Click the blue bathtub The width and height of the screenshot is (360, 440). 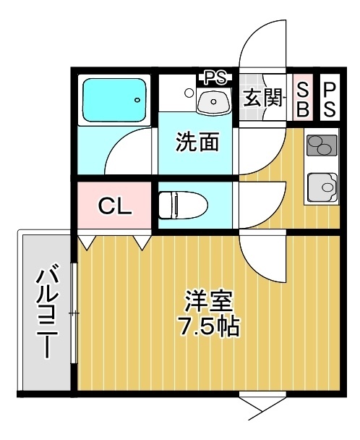pyautogui.click(x=114, y=100)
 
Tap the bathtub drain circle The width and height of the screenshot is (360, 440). pyautogui.click(x=137, y=100)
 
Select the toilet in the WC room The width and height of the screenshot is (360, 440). pyautogui.click(x=183, y=205)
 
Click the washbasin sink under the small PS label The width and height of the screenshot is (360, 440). pyautogui.click(x=214, y=101)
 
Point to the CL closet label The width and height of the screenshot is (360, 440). pyautogui.click(x=115, y=206)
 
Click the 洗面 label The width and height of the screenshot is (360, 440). pyautogui.click(x=197, y=142)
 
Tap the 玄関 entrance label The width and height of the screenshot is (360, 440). pyautogui.click(x=262, y=98)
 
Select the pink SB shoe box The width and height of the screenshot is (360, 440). pyautogui.click(x=302, y=98)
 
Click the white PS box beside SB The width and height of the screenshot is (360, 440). pyautogui.click(x=330, y=98)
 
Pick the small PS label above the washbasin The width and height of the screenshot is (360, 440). pyautogui.click(x=215, y=77)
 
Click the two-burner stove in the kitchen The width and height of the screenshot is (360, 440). pyautogui.click(x=322, y=145)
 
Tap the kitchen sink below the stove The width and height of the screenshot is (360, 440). pyautogui.click(x=322, y=187)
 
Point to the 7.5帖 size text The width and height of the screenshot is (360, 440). pyautogui.click(x=210, y=326)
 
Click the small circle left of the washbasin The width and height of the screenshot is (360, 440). pyautogui.click(x=189, y=93)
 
